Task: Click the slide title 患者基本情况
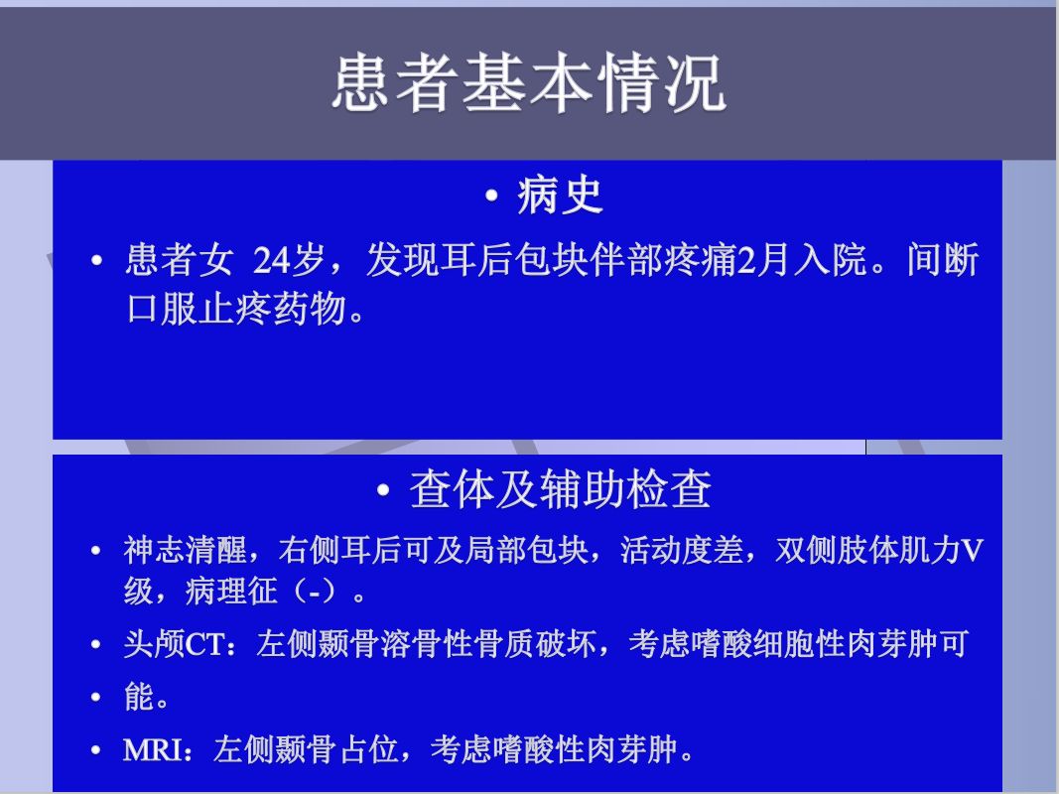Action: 529,83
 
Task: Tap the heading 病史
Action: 560,196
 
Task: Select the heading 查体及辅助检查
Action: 560,489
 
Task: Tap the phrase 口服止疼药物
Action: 237,309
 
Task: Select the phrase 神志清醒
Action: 185,550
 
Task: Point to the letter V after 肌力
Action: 973,551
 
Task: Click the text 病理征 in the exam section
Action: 231,592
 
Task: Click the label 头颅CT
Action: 175,644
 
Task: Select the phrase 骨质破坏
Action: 535,644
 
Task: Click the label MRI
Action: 152,750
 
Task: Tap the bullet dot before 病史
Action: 491,197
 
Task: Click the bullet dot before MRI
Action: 96,750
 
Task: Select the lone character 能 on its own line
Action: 138,697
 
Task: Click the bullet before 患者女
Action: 96,261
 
